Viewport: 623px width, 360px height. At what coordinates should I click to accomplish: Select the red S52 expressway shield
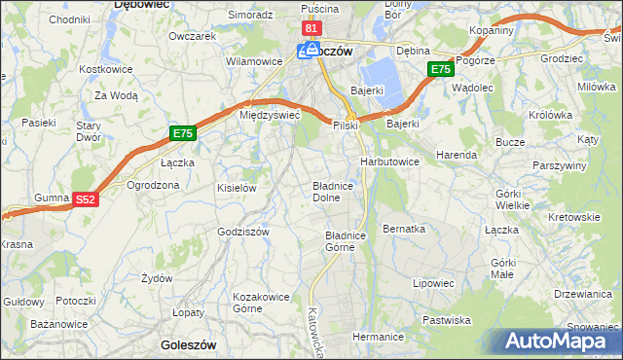(87, 199)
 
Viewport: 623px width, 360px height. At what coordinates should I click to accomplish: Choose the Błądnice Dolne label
(338, 191)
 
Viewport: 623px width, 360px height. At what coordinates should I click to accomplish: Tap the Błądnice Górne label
(345, 240)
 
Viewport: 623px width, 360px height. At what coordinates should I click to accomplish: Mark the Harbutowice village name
(389, 161)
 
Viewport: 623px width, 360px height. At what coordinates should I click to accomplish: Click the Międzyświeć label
(270, 115)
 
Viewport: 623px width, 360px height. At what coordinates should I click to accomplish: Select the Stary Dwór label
(90, 131)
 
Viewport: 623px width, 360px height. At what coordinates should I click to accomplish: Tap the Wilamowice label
(246, 60)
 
